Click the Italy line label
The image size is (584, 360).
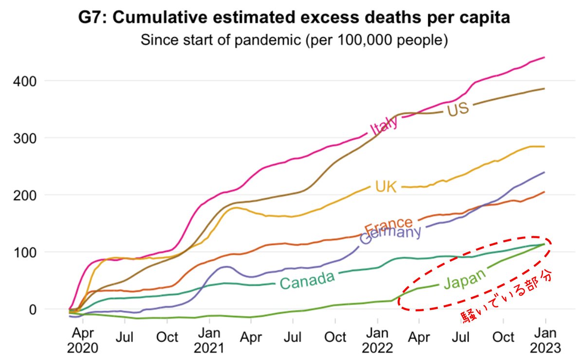(x=384, y=125)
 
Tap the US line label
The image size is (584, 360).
(x=457, y=109)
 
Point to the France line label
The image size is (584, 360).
(x=389, y=225)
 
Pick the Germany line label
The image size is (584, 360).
(x=390, y=235)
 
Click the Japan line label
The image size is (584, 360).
(x=465, y=280)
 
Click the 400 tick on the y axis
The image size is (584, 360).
(x=27, y=81)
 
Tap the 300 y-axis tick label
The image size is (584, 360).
(x=27, y=138)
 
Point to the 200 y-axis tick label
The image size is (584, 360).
(x=27, y=195)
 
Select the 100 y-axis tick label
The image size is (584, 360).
(x=27, y=252)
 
